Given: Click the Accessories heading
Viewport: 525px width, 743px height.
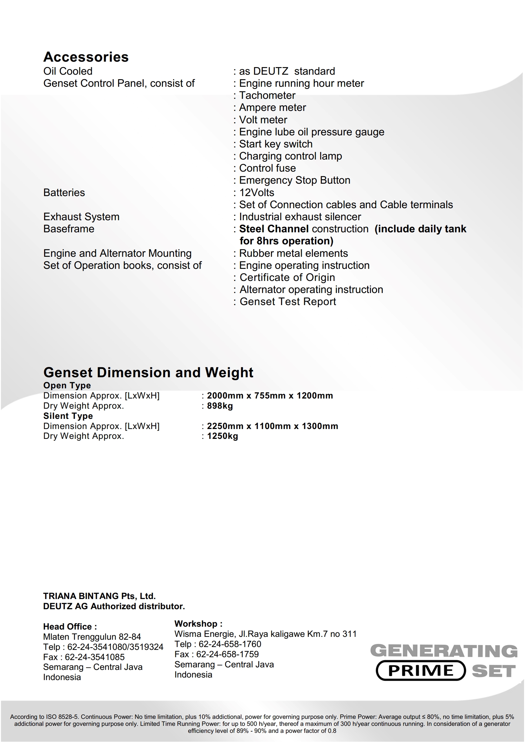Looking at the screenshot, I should click(86, 57).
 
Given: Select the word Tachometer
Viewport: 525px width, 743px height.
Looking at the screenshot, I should click(267, 95).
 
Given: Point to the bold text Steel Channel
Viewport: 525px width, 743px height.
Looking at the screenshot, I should click(274, 229).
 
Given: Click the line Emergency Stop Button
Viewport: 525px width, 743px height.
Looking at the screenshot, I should click(294, 180).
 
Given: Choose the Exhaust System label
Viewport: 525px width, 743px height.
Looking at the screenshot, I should click(81, 217).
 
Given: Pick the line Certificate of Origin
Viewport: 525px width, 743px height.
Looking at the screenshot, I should click(287, 277).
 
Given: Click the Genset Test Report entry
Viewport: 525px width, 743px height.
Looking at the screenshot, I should click(287, 302).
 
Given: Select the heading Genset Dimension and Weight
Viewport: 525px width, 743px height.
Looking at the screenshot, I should click(148, 372).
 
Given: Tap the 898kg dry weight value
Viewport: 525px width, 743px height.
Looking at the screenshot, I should click(220, 406).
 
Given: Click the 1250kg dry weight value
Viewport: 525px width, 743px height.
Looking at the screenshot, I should click(222, 436).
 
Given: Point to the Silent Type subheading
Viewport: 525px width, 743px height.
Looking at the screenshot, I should click(68, 416).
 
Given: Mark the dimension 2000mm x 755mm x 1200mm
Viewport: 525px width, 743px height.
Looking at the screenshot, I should click(270, 395).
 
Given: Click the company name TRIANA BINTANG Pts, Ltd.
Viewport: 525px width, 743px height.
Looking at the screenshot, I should click(99, 596).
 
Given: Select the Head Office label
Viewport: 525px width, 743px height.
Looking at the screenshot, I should click(70, 626).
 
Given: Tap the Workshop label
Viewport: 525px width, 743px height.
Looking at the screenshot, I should click(198, 624).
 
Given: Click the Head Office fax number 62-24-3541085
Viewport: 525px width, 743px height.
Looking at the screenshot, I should click(94, 657).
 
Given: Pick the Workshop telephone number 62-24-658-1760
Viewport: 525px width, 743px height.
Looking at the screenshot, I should click(230, 644).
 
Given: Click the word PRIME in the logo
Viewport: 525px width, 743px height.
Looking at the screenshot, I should click(421, 671).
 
